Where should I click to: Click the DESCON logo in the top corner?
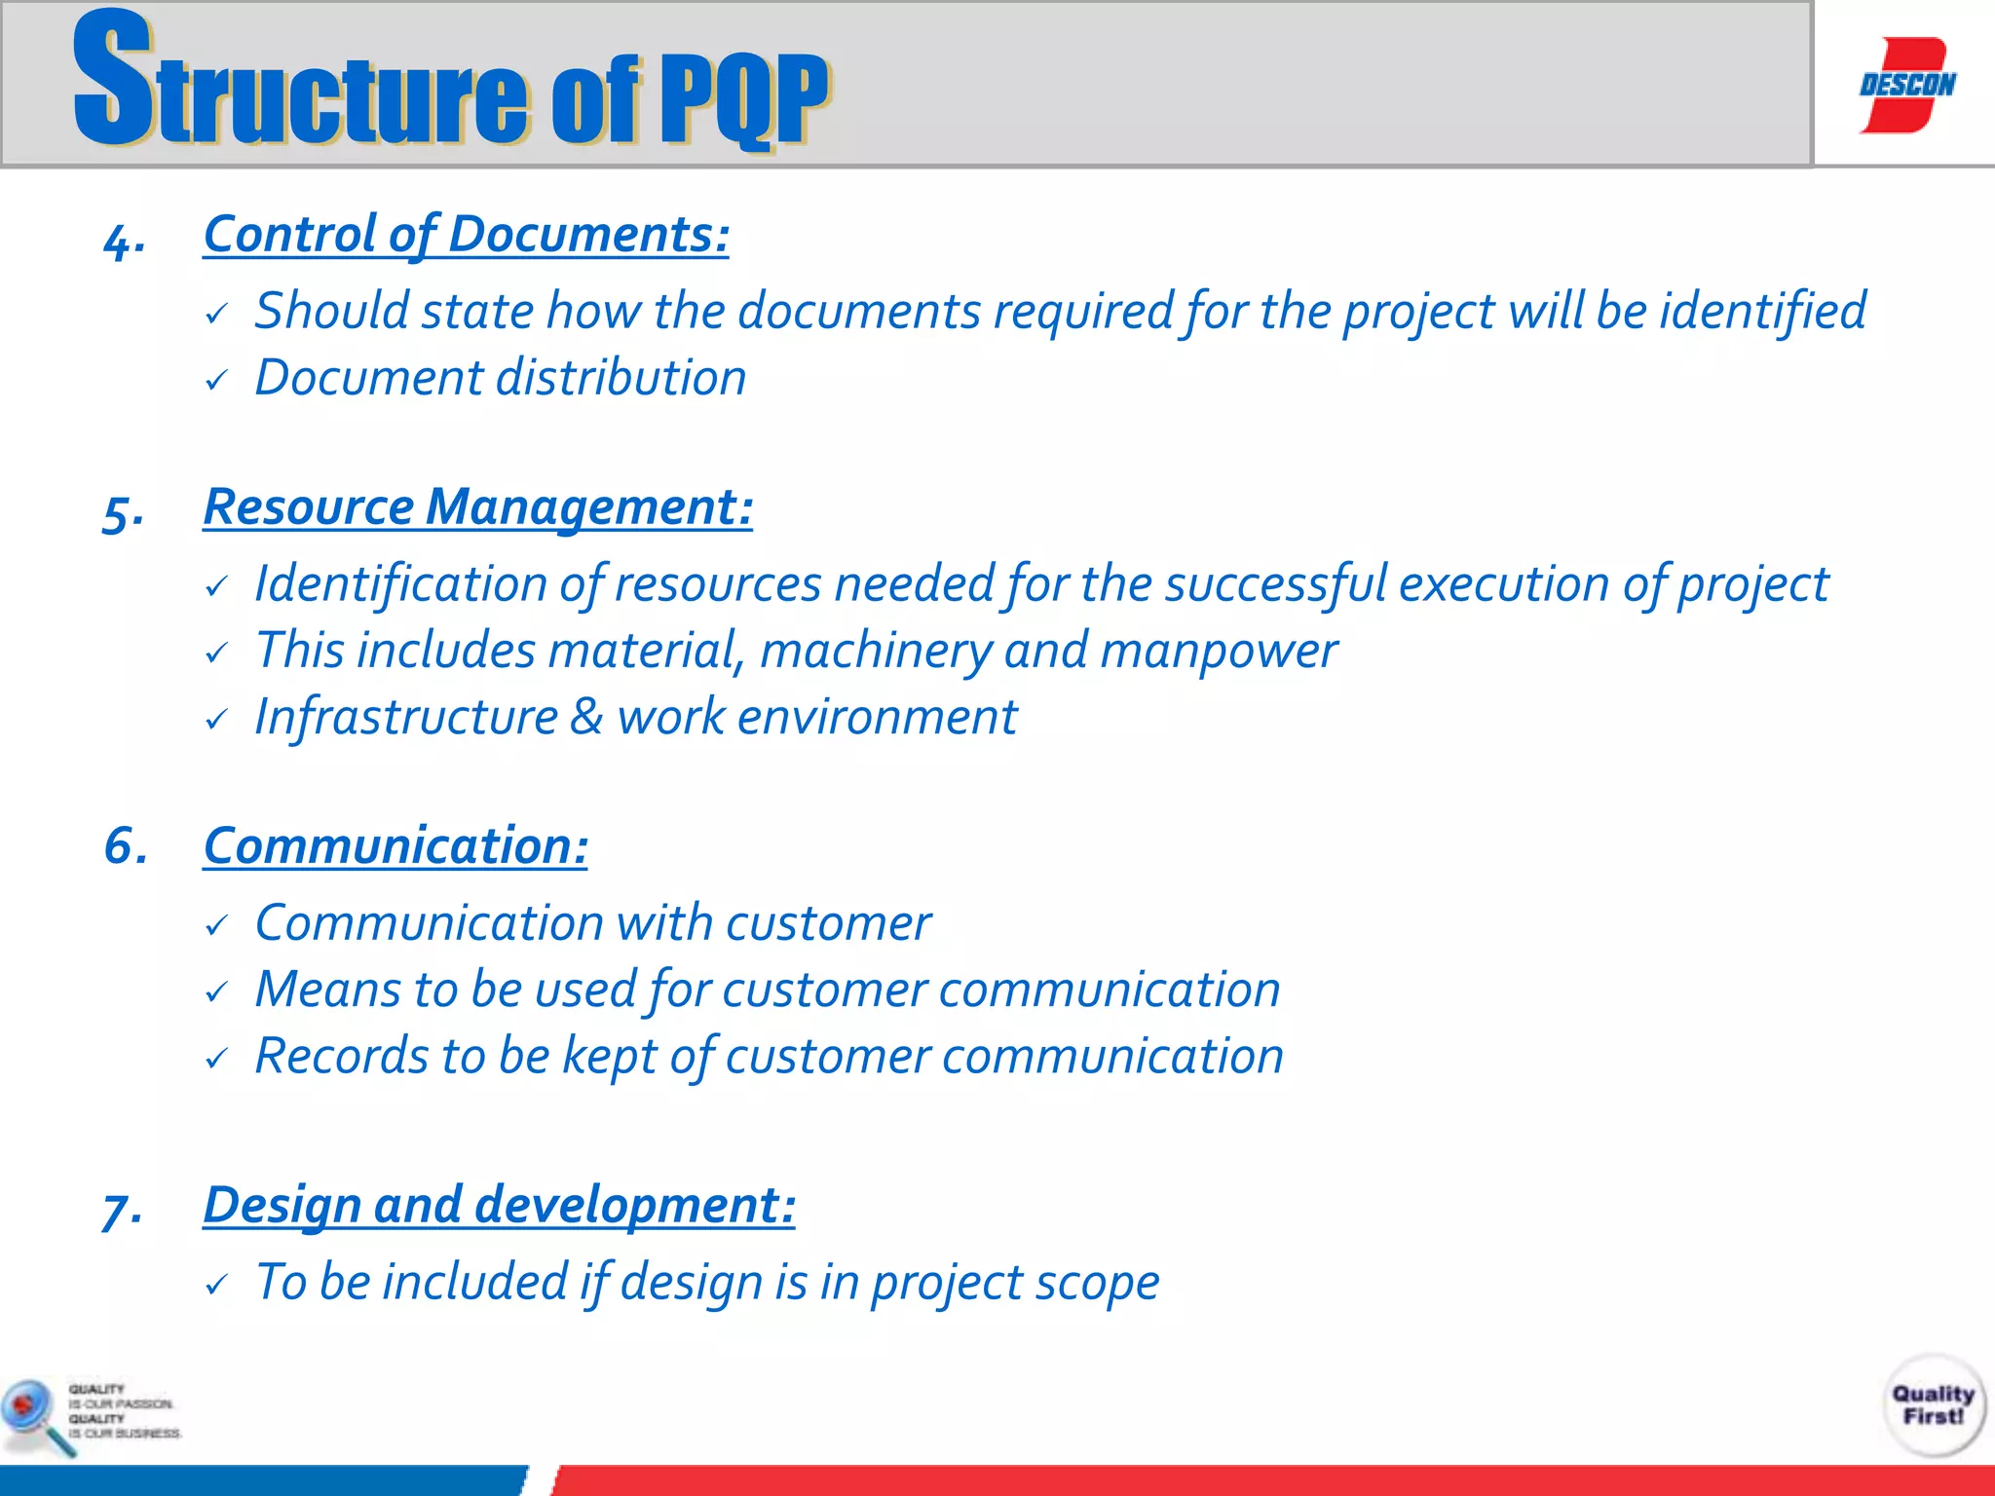pyautogui.click(x=1906, y=85)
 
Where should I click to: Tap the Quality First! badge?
pyautogui.click(x=1933, y=1404)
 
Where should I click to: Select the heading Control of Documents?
pyautogui.click(x=466, y=235)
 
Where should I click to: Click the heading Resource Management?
pyautogui.click(x=477, y=507)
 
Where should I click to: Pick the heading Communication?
pyautogui.click(x=395, y=845)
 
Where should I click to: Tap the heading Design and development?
pyautogui.click(x=499, y=1205)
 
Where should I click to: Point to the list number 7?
pyautogui.click(x=123, y=1211)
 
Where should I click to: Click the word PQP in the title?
pyautogui.click(x=742, y=97)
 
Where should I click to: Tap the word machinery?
pyautogui.click(x=875, y=651)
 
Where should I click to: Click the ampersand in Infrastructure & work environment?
pyautogui.click(x=586, y=717)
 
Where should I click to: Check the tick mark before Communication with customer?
pyautogui.click(x=216, y=925)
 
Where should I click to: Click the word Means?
pyautogui.click(x=327, y=990)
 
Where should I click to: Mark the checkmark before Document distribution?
pyautogui.click(x=216, y=380)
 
